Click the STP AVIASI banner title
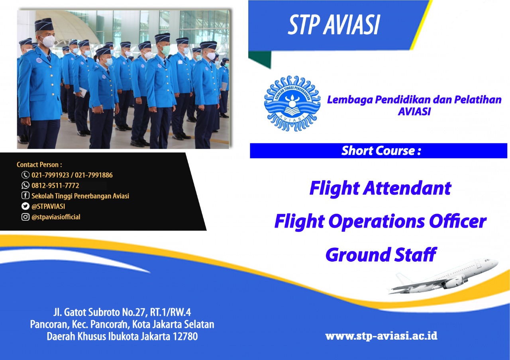334,25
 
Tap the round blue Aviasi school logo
292,104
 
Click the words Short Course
379,151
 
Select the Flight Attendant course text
380,188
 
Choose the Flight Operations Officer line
380,222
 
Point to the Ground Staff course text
381,254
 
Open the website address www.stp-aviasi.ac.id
381,336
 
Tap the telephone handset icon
25,175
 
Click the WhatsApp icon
25,185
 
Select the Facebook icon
25,196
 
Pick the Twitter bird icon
25,206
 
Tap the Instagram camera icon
25,217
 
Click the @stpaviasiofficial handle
56,217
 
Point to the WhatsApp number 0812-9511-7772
55,186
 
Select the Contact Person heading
39,164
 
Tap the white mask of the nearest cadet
47,41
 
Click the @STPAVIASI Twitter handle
48,206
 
